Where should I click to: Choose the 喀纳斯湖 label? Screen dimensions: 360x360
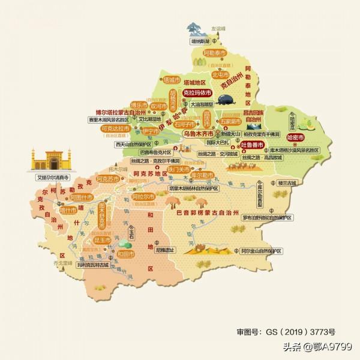[x=200, y=41]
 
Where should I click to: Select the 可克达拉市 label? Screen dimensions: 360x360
[x=116, y=128]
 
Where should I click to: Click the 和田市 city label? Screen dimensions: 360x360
[x=127, y=254]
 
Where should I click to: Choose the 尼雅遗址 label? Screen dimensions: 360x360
[x=164, y=250]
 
